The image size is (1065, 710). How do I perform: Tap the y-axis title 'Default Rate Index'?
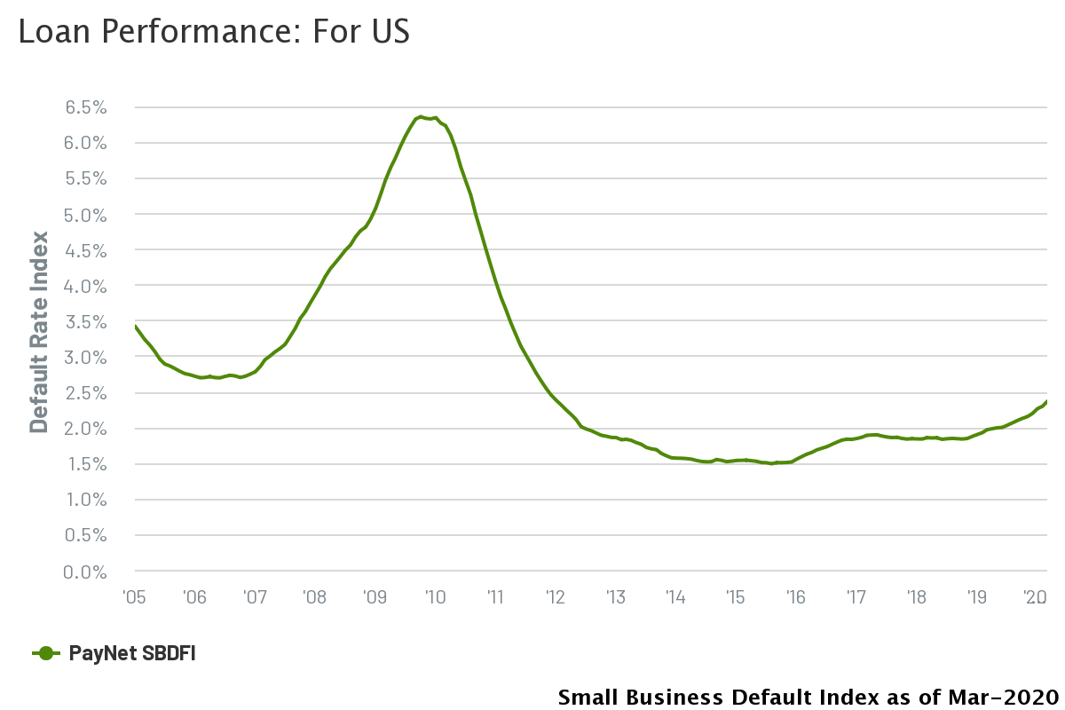[x=39, y=331]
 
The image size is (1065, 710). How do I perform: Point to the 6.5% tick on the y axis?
[x=85, y=107]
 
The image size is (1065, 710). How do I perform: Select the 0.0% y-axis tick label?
[x=85, y=572]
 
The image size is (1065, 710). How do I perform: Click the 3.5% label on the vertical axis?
[x=85, y=321]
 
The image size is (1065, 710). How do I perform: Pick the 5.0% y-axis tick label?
[x=85, y=215]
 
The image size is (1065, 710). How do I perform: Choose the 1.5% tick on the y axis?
[x=85, y=464]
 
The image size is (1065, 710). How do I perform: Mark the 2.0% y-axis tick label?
[x=85, y=429]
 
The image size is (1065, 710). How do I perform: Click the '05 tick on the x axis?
[x=134, y=596]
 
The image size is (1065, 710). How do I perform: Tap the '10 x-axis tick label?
[x=435, y=596]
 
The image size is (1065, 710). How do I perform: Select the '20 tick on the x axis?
[x=1035, y=596]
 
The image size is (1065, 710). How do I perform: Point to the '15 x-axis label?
[x=735, y=596]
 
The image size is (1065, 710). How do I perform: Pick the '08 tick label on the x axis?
[x=314, y=596]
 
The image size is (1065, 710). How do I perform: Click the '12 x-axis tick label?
[x=555, y=596]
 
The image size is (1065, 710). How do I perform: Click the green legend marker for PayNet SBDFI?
[x=46, y=654]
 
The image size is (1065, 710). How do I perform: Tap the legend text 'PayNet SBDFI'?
[x=132, y=654]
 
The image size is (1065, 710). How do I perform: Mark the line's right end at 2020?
[x=1047, y=401]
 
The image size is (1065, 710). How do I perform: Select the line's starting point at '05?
[x=135, y=326]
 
